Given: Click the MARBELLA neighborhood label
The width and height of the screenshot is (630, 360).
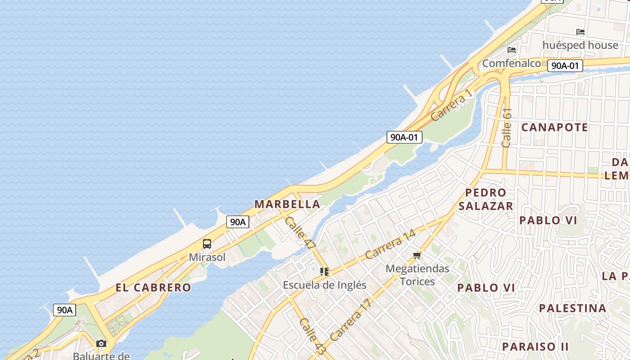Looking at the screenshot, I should [x=287, y=204].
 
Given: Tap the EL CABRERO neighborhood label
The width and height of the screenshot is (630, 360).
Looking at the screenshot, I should [x=153, y=288].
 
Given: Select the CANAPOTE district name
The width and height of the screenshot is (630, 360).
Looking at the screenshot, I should [x=554, y=127].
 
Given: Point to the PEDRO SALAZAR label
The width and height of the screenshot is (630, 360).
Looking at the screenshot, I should [x=486, y=199].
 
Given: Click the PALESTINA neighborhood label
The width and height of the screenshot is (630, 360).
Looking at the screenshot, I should [x=572, y=308].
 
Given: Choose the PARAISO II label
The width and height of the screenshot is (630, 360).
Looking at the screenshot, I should [x=535, y=346].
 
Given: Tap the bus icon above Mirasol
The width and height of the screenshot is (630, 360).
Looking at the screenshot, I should [x=207, y=244].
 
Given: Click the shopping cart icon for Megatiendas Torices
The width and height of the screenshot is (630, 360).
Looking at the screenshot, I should [x=417, y=256].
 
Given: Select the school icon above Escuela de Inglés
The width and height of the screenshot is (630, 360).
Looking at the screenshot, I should [x=324, y=272].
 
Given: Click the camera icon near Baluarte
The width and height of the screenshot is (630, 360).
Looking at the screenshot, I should [x=101, y=343].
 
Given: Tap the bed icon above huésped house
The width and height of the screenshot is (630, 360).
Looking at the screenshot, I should [x=580, y=32].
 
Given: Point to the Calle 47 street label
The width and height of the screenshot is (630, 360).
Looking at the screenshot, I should [x=300, y=233].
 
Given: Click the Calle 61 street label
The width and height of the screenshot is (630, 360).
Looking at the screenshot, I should [x=507, y=128].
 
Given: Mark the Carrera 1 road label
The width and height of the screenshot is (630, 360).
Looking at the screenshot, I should [x=452, y=105].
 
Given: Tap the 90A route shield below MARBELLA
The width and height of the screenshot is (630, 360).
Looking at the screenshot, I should [x=238, y=221].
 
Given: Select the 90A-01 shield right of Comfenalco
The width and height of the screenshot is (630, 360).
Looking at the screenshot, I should [x=565, y=66].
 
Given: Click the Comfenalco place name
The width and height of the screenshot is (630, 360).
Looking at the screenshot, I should [x=511, y=63].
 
